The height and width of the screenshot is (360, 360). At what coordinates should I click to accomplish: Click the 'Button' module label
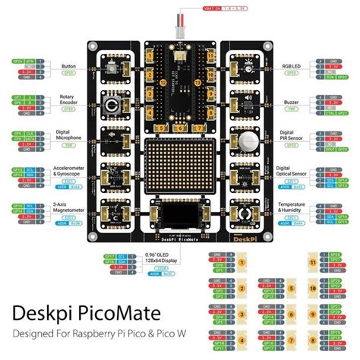click(68, 66)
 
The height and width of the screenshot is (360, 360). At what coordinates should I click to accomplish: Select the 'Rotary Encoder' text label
click(68, 103)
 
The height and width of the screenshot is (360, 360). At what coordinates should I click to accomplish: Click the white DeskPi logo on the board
click(238, 236)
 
